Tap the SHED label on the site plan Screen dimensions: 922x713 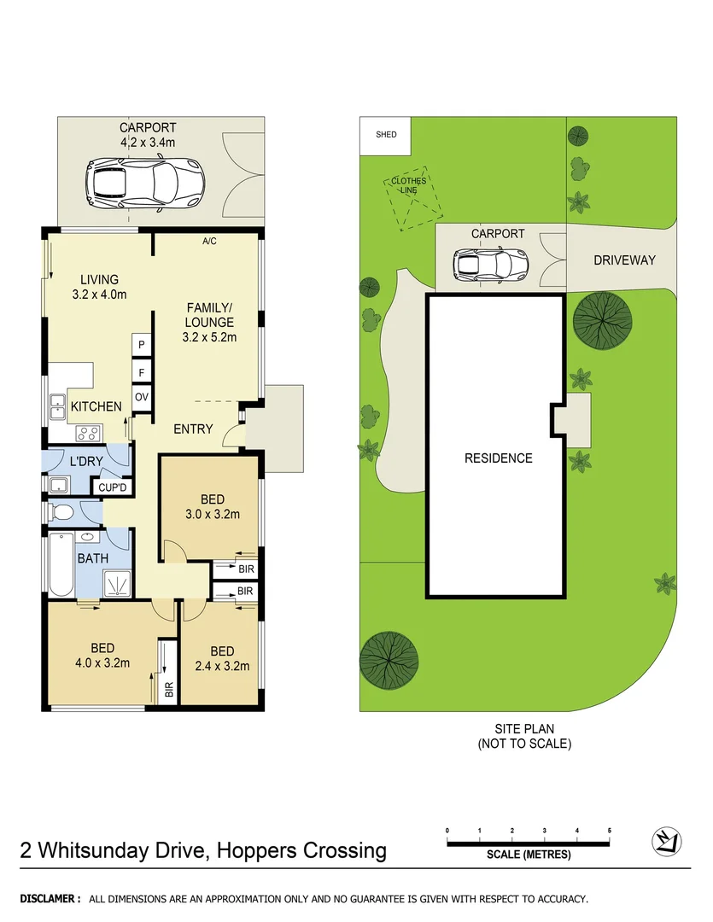click(x=386, y=135)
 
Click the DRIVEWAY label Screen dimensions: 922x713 click(x=624, y=260)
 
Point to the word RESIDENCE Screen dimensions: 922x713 click(x=498, y=458)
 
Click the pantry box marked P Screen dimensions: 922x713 click(x=141, y=344)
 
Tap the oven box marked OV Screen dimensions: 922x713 click(x=141, y=397)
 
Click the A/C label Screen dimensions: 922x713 click(x=209, y=242)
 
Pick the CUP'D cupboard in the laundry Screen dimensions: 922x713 click(x=113, y=487)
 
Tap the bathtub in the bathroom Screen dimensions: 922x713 click(x=61, y=564)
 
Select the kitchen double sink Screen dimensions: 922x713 click(x=57, y=406)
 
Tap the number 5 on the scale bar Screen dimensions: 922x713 click(x=609, y=830)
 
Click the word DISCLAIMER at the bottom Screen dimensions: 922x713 click(x=50, y=899)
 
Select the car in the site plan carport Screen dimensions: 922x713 click(x=490, y=265)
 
